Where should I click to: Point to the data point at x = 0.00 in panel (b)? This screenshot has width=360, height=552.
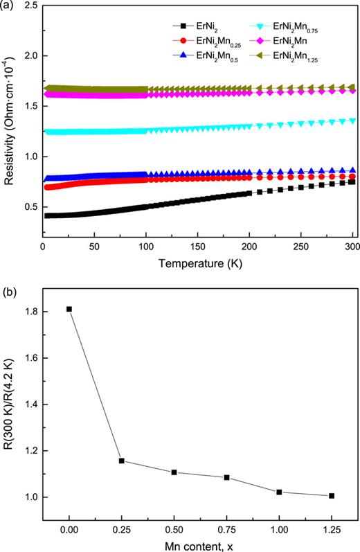tap(69, 309)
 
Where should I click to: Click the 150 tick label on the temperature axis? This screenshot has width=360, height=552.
tap(145, 247)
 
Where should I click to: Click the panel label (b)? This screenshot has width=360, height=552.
tap(10, 279)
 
